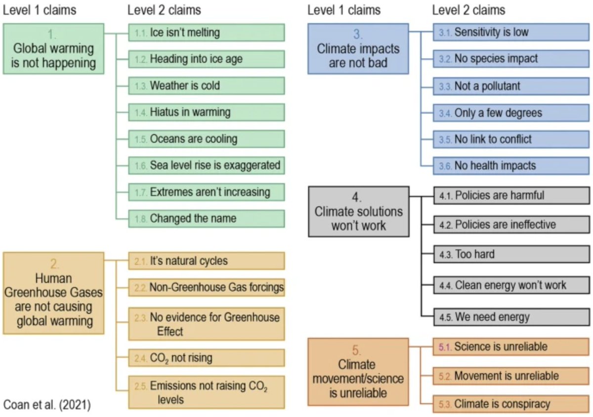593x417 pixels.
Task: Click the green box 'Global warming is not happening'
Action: coord(53,49)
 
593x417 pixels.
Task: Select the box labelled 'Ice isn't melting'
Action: coord(207,33)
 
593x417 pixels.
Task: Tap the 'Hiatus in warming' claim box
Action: coord(207,112)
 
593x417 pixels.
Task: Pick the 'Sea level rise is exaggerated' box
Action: coord(207,165)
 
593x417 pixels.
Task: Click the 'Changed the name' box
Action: coord(207,218)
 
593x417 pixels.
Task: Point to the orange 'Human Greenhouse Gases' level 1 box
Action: coord(53,293)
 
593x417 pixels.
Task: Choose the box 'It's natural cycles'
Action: coord(207,261)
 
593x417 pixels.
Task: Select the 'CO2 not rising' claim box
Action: coord(207,358)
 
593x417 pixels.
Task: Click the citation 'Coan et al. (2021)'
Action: coord(47,405)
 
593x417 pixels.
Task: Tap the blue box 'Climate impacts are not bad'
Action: coord(358,49)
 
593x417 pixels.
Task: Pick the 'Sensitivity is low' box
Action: coord(511,33)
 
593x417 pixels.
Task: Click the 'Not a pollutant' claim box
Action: coord(511,86)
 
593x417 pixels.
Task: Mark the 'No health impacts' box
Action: coord(511,165)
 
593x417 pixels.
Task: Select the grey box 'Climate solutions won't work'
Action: coord(358,211)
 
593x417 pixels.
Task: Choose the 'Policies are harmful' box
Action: coord(511,195)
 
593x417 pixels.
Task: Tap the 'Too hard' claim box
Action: coord(511,255)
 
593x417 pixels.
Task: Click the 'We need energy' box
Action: coord(511,317)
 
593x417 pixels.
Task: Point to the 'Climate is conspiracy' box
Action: coord(511,404)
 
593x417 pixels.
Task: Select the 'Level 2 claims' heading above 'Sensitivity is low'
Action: coord(468,10)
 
